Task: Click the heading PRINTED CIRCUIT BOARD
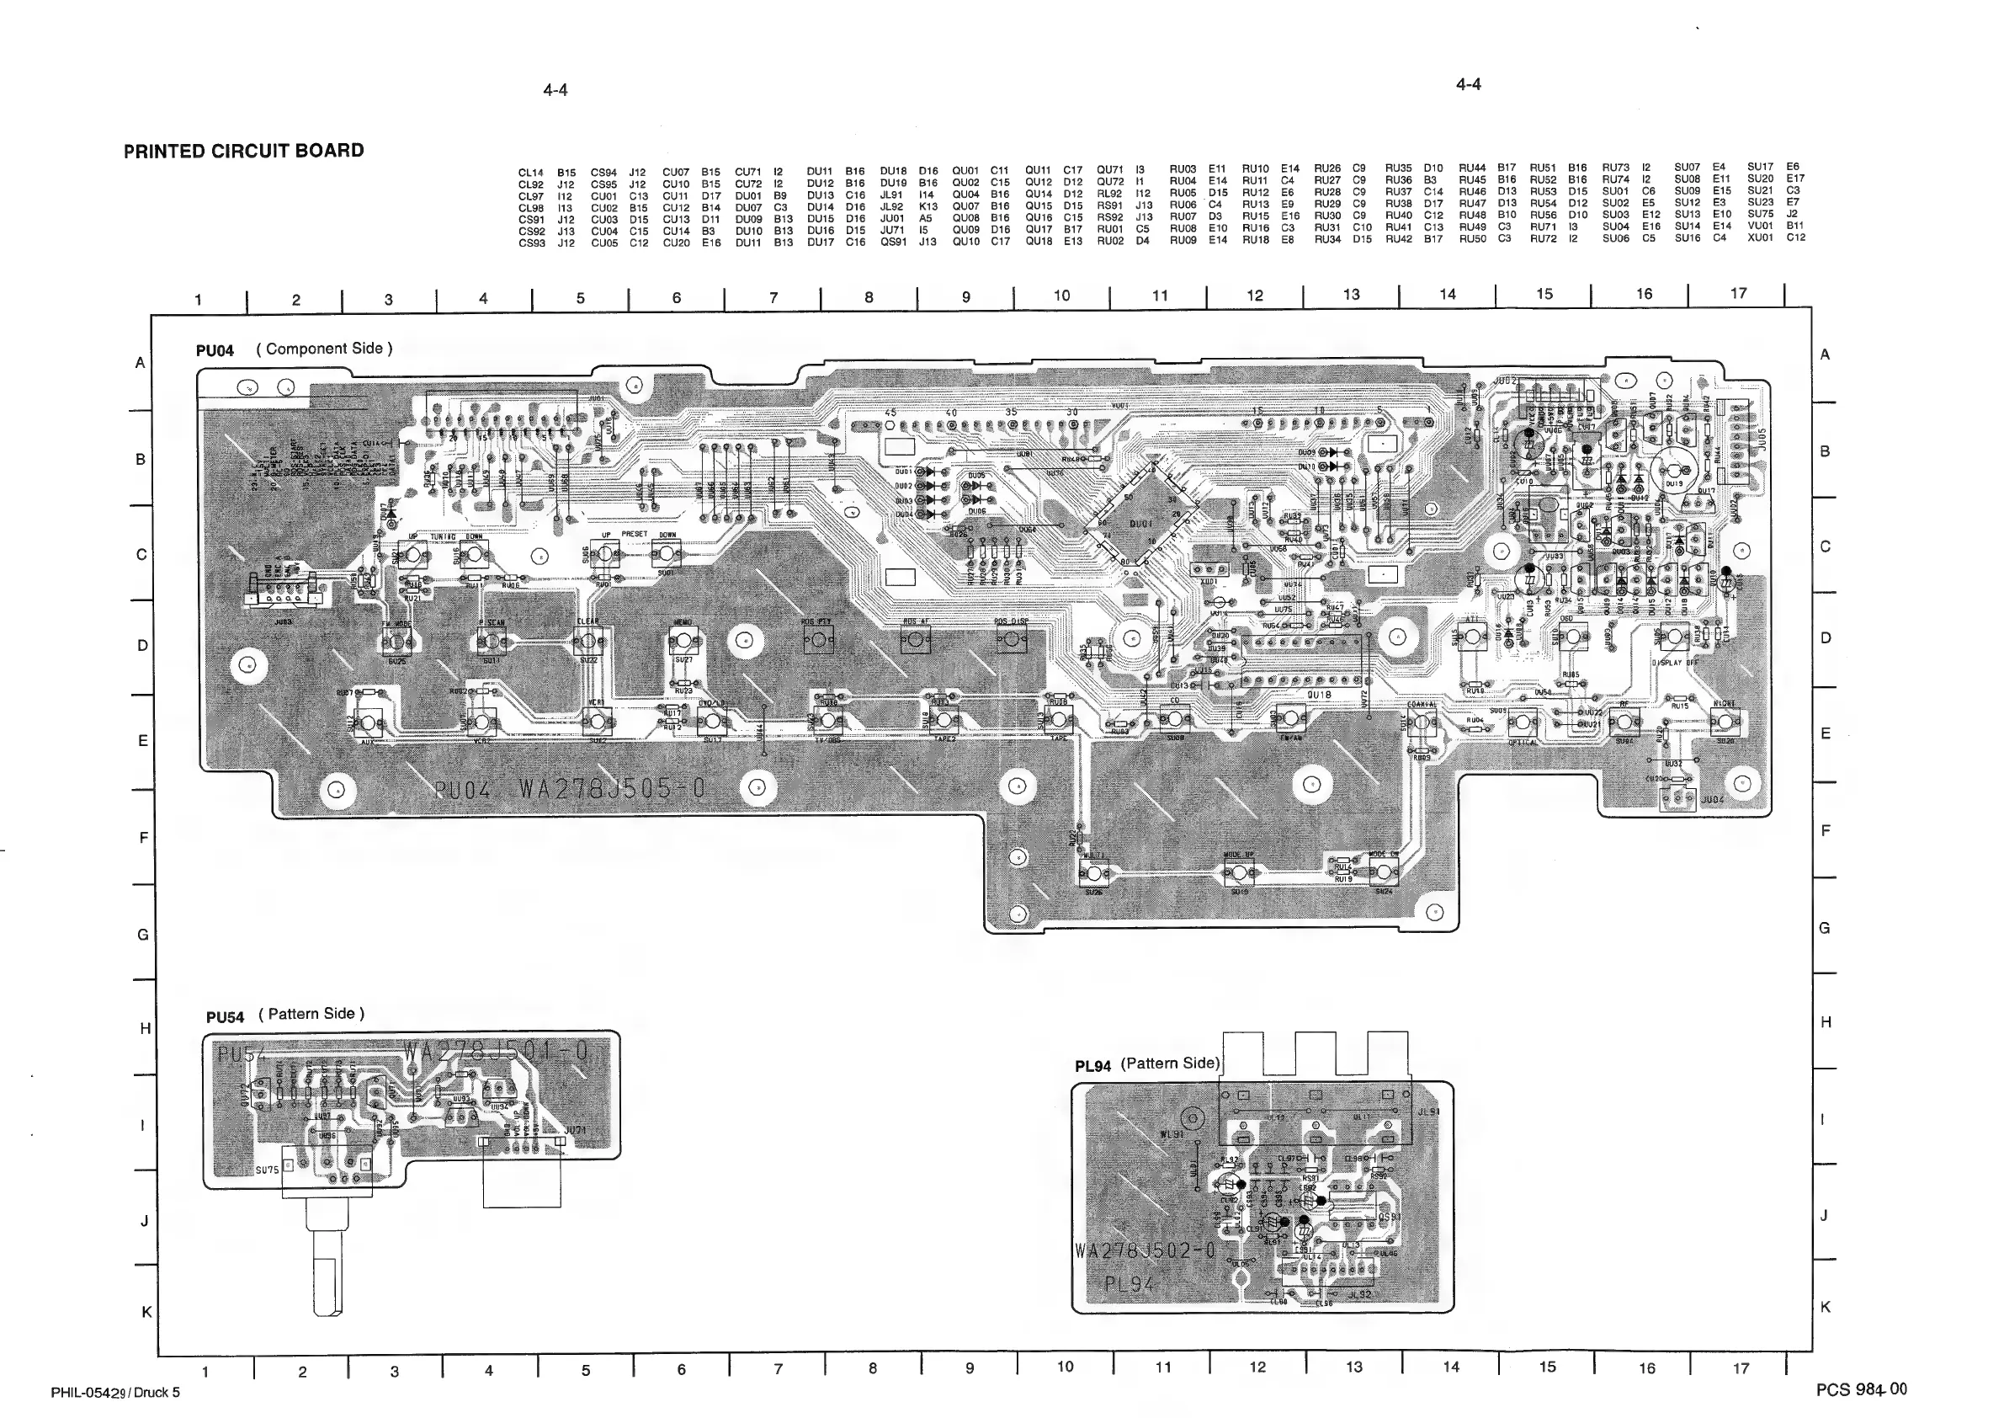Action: (x=243, y=150)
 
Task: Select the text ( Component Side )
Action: (x=324, y=349)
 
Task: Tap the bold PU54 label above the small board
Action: (x=226, y=1017)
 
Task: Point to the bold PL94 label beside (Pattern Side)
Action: (x=1092, y=1066)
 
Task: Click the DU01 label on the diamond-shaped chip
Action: (x=1141, y=525)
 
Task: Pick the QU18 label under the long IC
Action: (x=1319, y=695)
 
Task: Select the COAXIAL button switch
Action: (x=1422, y=722)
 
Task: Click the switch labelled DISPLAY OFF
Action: (x=1673, y=637)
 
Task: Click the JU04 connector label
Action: (x=1712, y=799)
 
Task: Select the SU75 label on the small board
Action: (x=267, y=1170)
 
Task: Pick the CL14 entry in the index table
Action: (x=532, y=173)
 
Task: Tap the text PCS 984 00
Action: (x=1861, y=1389)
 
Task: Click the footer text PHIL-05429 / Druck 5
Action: (x=115, y=1393)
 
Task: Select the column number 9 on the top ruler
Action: (x=965, y=297)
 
